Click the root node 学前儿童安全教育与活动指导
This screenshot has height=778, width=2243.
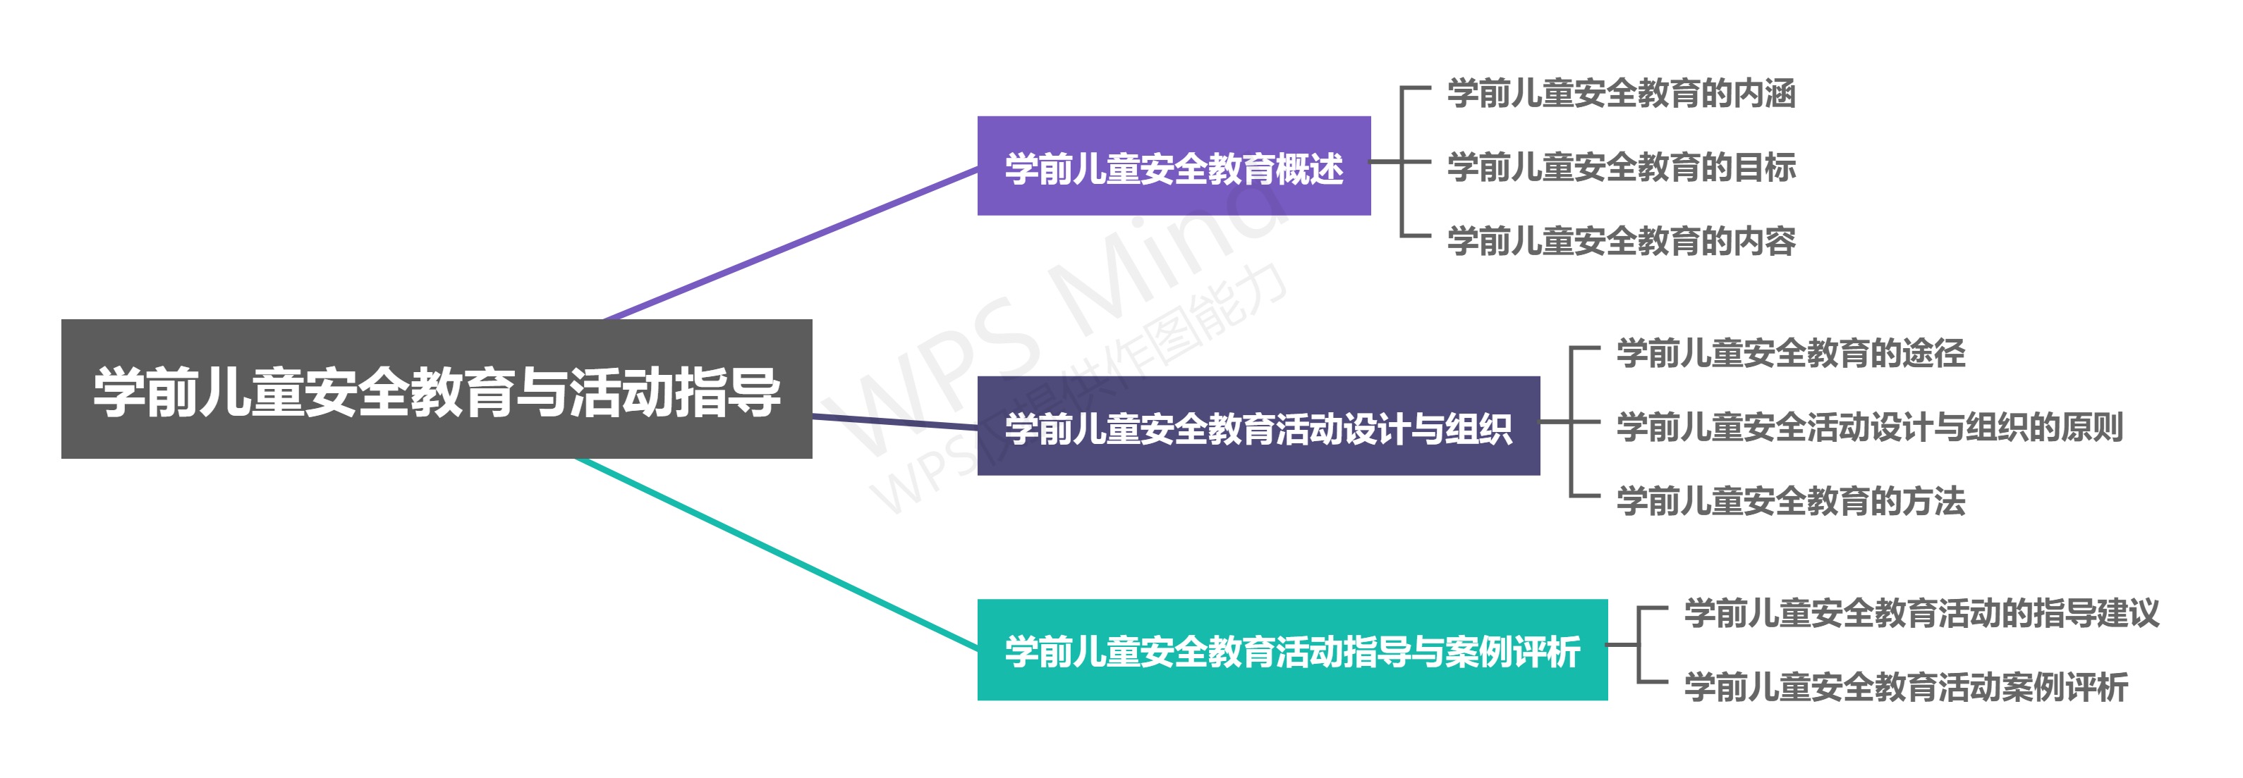pos(436,389)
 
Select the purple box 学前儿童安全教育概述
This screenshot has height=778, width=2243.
pos(1173,166)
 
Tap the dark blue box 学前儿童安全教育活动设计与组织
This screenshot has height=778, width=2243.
pos(1258,426)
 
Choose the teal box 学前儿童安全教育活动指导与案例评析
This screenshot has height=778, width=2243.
pos(1291,650)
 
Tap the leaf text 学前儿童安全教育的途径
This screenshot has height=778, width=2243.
pos(1790,353)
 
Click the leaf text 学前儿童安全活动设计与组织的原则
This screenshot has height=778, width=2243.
pos(1868,427)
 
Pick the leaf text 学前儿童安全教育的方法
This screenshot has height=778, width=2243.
pos(1790,501)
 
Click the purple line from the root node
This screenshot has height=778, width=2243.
pos(792,244)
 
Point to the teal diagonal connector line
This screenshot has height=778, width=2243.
pos(775,552)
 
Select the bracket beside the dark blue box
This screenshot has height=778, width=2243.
pos(1571,423)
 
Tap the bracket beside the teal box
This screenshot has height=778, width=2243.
pos(1639,645)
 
